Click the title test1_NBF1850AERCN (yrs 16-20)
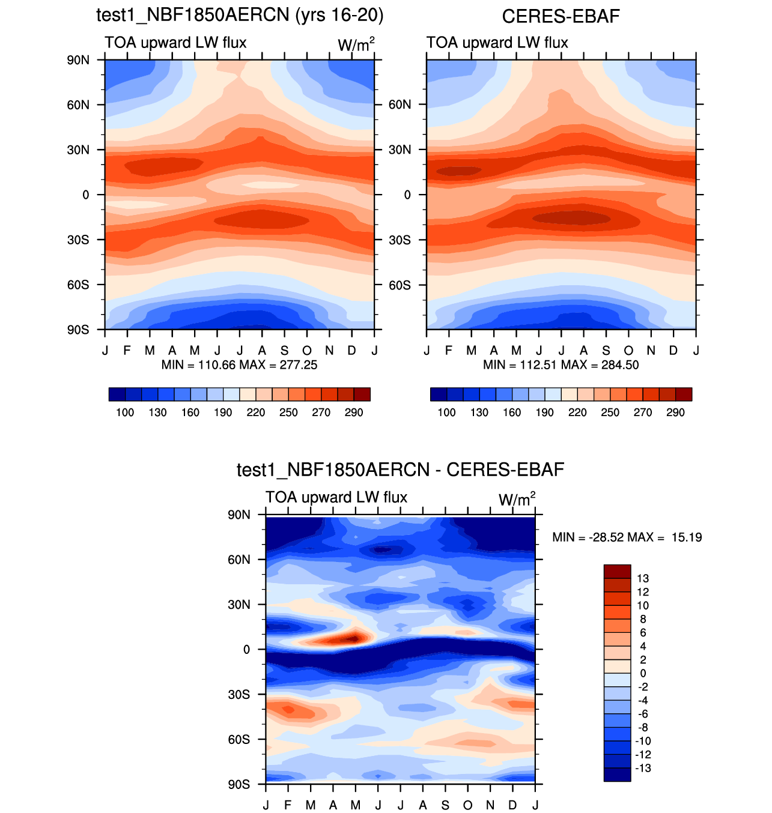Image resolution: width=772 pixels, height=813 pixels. (240, 15)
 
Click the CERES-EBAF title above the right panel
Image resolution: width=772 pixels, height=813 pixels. (561, 16)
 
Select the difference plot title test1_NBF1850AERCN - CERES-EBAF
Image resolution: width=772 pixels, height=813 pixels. (400, 470)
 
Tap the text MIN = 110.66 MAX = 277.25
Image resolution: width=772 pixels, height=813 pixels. (239, 365)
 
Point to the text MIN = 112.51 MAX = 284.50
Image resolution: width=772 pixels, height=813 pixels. (561, 365)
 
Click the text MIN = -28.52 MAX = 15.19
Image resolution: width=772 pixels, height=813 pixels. (627, 537)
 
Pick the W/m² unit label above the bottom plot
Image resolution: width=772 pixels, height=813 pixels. (516, 500)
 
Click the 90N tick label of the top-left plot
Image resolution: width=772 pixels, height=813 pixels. (78, 60)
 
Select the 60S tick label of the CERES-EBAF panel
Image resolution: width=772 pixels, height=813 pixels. (400, 285)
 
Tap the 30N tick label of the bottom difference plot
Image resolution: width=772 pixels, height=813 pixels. (239, 605)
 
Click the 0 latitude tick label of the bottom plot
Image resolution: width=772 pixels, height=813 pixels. (246, 650)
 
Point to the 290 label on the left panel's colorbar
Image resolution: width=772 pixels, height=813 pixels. (354, 413)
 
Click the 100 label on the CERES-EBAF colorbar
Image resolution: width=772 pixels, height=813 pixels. (446, 413)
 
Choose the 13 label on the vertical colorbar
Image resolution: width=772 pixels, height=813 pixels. (643, 579)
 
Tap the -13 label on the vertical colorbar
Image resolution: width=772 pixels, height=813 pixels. (643, 769)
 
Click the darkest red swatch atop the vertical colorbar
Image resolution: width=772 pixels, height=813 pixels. (617, 571)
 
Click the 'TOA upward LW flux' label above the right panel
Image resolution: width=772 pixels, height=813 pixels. (497, 43)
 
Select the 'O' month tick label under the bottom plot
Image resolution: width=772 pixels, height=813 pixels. (468, 805)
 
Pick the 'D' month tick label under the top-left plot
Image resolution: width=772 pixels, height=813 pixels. (352, 351)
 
